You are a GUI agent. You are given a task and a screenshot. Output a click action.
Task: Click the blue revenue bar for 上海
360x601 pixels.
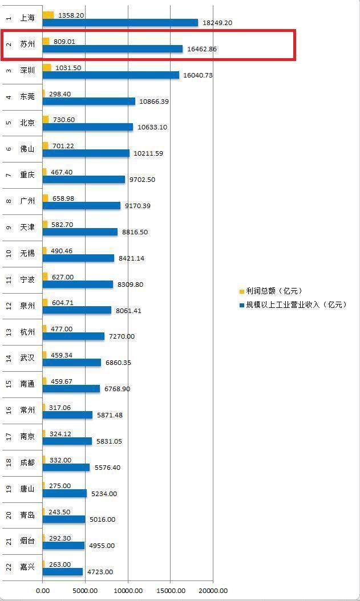pyautogui.click(x=120, y=23)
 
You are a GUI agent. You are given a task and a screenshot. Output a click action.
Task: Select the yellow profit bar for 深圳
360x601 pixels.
pyautogui.click(x=47, y=68)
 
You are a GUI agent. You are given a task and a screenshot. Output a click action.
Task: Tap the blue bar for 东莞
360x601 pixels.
pyautogui.click(x=88, y=101)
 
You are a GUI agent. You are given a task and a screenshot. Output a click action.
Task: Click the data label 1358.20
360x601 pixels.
pyautogui.click(x=71, y=15)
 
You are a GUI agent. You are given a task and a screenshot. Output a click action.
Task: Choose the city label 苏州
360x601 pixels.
pyautogui.click(x=27, y=44)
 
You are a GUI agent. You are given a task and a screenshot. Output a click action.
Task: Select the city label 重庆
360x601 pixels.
pyautogui.click(x=27, y=174)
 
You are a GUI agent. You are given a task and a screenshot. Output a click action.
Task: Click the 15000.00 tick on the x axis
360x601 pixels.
pyautogui.click(x=171, y=591)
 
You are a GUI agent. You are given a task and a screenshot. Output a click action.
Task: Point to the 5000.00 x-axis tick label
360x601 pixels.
pyautogui.click(x=85, y=591)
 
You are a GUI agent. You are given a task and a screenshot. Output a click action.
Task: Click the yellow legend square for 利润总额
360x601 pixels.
pyautogui.click(x=241, y=291)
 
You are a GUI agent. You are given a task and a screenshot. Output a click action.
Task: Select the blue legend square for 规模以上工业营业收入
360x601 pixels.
pyautogui.click(x=241, y=305)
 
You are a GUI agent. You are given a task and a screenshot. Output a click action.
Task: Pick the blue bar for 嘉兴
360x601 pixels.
pyautogui.click(x=62, y=572)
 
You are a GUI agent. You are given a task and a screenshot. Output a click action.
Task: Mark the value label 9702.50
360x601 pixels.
pyautogui.click(x=142, y=180)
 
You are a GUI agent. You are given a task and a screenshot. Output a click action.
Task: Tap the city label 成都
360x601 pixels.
pyautogui.click(x=27, y=462)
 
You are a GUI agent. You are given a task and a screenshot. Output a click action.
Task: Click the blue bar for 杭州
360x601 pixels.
pyautogui.click(x=73, y=336)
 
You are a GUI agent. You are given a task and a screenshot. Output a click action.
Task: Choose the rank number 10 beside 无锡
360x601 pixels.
pyautogui.click(x=9, y=253)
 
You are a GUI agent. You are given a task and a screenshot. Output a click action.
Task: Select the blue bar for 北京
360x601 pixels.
pyautogui.click(x=87, y=127)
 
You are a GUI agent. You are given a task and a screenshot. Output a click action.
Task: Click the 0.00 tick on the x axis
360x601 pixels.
pyautogui.click(x=43, y=591)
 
